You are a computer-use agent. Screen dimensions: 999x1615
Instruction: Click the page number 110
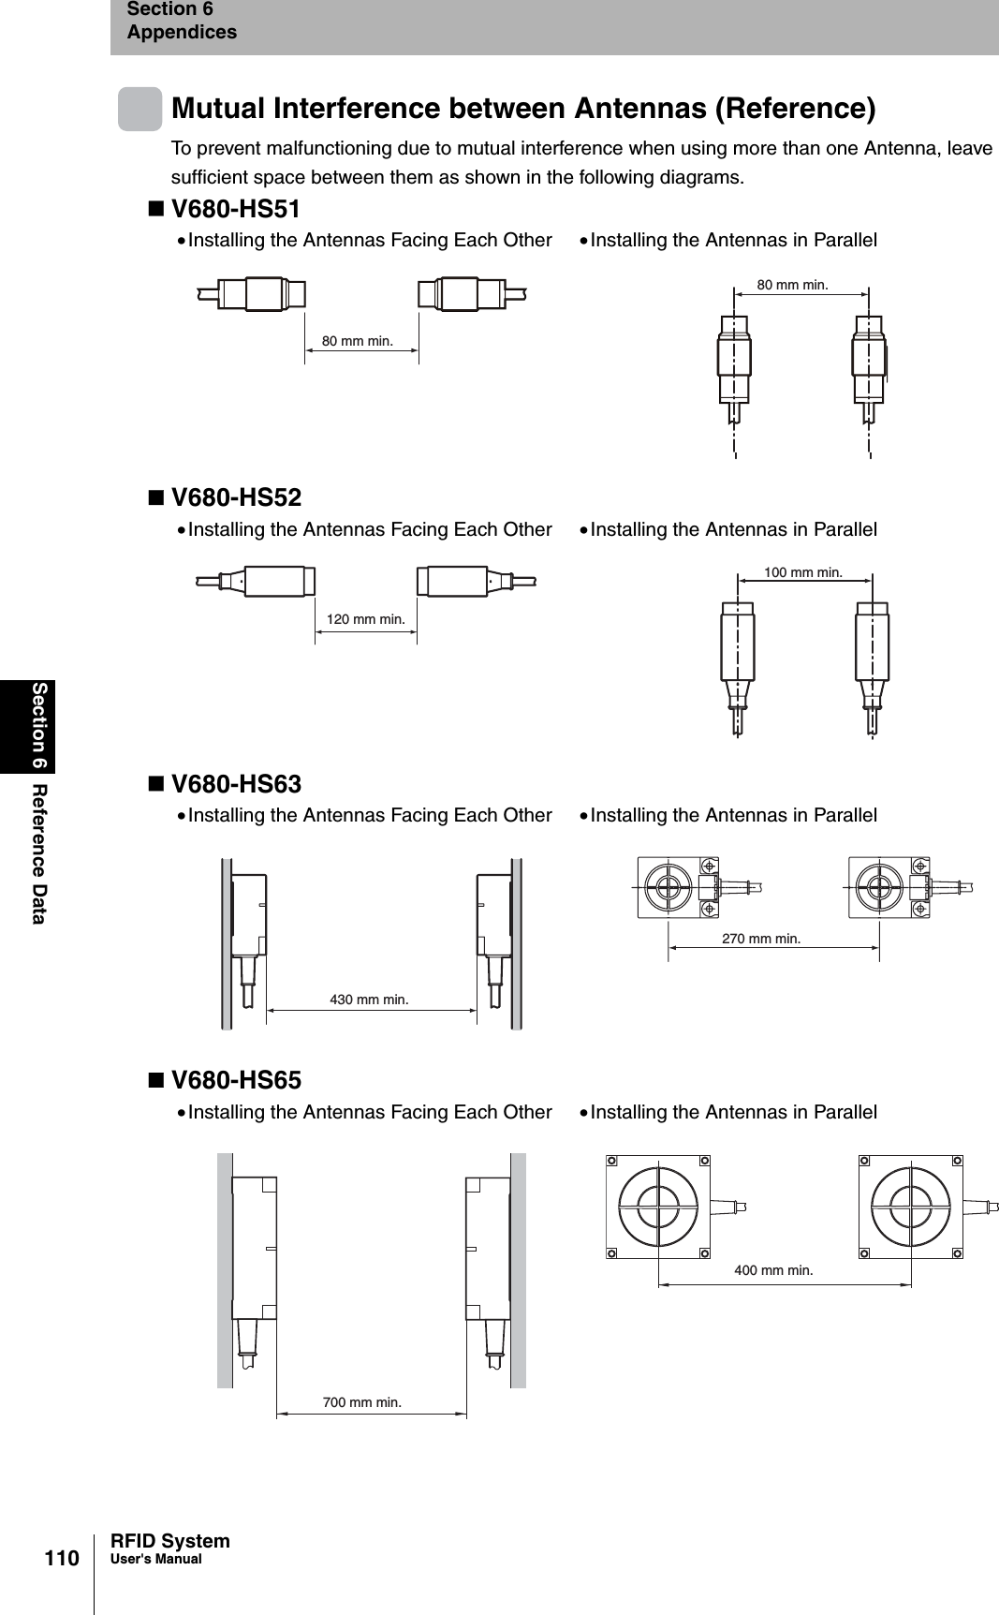[x=64, y=1559]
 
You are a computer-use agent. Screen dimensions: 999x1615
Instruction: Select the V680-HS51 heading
[x=236, y=208]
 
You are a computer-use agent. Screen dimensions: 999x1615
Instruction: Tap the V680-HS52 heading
[x=236, y=497]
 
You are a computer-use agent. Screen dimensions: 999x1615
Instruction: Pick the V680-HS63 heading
[x=236, y=784]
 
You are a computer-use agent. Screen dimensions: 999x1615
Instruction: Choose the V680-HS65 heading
[x=236, y=1080]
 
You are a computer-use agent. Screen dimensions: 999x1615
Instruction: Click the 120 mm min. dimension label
[x=366, y=619]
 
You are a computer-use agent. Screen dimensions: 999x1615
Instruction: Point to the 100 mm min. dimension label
[x=803, y=571]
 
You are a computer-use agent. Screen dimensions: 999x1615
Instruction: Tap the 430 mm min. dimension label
[x=369, y=1000]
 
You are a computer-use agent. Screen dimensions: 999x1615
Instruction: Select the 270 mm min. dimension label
[x=761, y=938]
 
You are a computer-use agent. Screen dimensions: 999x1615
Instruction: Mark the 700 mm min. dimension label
[x=361, y=1402]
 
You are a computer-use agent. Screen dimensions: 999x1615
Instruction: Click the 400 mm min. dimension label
[x=773, y=1270]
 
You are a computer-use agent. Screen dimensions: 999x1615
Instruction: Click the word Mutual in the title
[x=221, y=109]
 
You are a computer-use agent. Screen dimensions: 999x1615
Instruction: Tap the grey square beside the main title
[x=140, y=109]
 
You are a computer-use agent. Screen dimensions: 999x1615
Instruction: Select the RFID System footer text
[x=169, y=1541]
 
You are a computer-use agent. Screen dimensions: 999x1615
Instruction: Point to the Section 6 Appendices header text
[x=182, y=21]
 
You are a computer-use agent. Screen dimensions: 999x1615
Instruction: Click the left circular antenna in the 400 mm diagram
[x=659, y=1207]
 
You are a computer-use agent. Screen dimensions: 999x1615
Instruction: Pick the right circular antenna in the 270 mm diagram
[x=879, y=885]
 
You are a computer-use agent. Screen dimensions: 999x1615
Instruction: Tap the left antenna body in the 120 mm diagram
[x=278, y=581]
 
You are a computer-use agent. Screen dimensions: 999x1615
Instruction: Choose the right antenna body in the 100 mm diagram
[x=873, y=646]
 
